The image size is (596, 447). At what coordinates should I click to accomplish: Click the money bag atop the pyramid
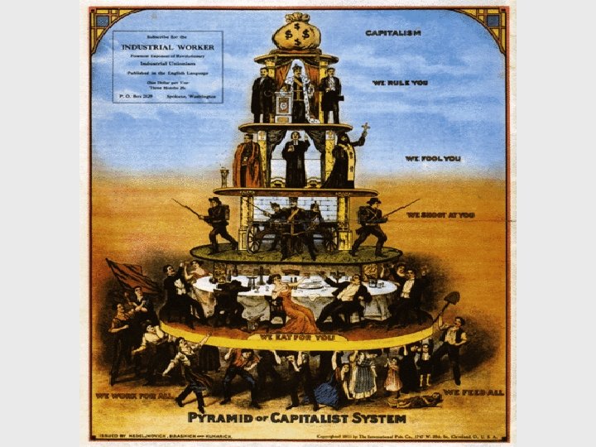tap(297, 33)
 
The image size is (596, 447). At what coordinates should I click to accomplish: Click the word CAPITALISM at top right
tap(393, 33)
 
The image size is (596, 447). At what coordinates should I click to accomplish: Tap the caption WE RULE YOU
tap(399, 83)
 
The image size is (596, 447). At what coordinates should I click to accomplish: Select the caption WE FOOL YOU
tap(433, 158)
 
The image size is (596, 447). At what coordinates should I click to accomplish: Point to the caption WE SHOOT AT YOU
tap(440, 214)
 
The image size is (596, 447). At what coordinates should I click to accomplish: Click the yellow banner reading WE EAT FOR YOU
tap(296, 338)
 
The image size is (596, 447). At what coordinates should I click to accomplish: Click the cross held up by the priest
tap(365, 129)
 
